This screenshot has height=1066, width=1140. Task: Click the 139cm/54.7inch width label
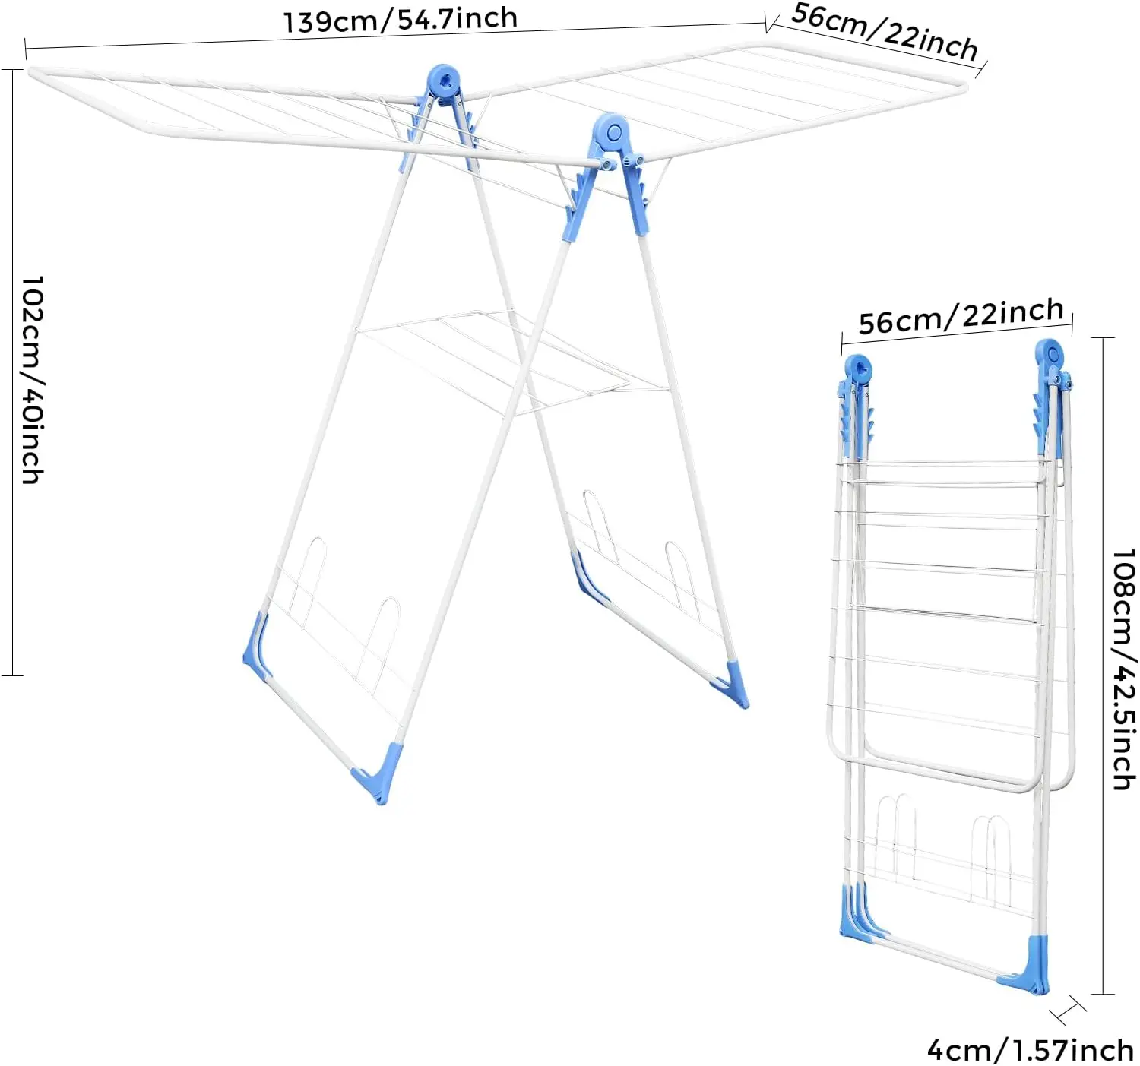pyautogui.click(x=401, y=21)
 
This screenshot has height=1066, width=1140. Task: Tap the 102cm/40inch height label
pyautogui.click(x=33, y=379)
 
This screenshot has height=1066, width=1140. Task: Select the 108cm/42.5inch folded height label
pyautogui.click(x=1123, y=669)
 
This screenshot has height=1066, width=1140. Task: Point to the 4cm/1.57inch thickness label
pyautogui.click(x=1031, y=1050)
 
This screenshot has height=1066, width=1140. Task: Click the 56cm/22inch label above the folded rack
pyautogui.click(x=961, y=315)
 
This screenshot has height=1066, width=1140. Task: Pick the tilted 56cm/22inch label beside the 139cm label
pyautogui.click(x=885, y=32)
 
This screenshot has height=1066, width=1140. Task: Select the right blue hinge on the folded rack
pyautogui.click(x=1050, y=396)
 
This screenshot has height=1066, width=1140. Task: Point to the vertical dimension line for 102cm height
pyautogui.click(x=11, y=372)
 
